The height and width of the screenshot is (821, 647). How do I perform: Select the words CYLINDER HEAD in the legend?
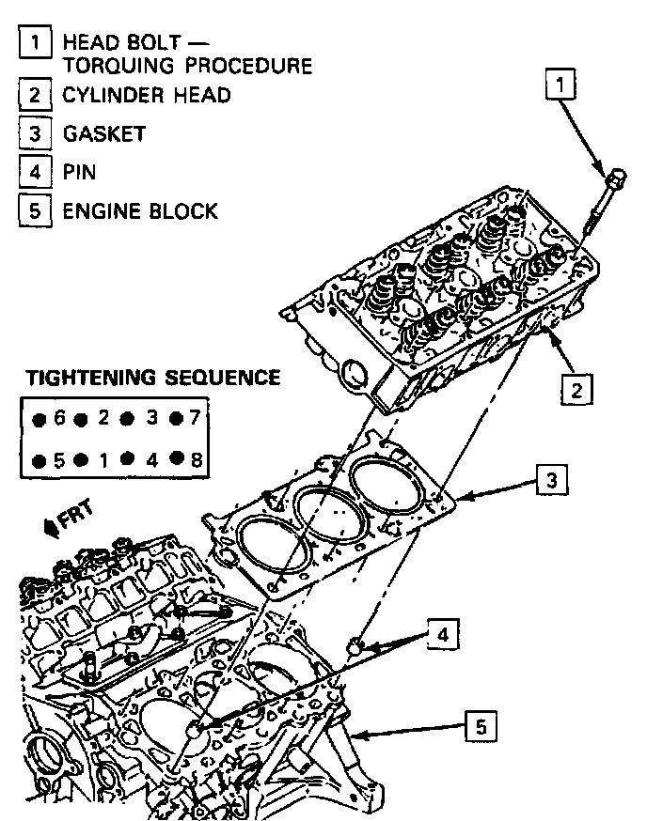click(147, 95)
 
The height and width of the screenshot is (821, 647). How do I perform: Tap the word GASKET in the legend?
click(104, 133)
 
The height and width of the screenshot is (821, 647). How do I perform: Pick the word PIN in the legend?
click(79, 172)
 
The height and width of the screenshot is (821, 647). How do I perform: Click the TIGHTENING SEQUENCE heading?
click(152, 378)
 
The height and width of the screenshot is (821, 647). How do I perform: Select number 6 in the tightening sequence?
click(59, 418)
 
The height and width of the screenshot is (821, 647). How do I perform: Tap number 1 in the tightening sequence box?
click(103, 460)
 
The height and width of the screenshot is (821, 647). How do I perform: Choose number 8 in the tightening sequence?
click(196, 460)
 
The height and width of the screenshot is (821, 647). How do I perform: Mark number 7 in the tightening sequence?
click(196, 418)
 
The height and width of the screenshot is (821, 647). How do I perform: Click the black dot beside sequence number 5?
click(39, 461)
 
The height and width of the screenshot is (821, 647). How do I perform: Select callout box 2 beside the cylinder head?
click(576, 387)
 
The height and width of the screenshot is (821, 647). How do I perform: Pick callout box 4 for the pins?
click(441, 634)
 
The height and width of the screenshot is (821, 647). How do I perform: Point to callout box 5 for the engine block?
click(481, 725)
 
